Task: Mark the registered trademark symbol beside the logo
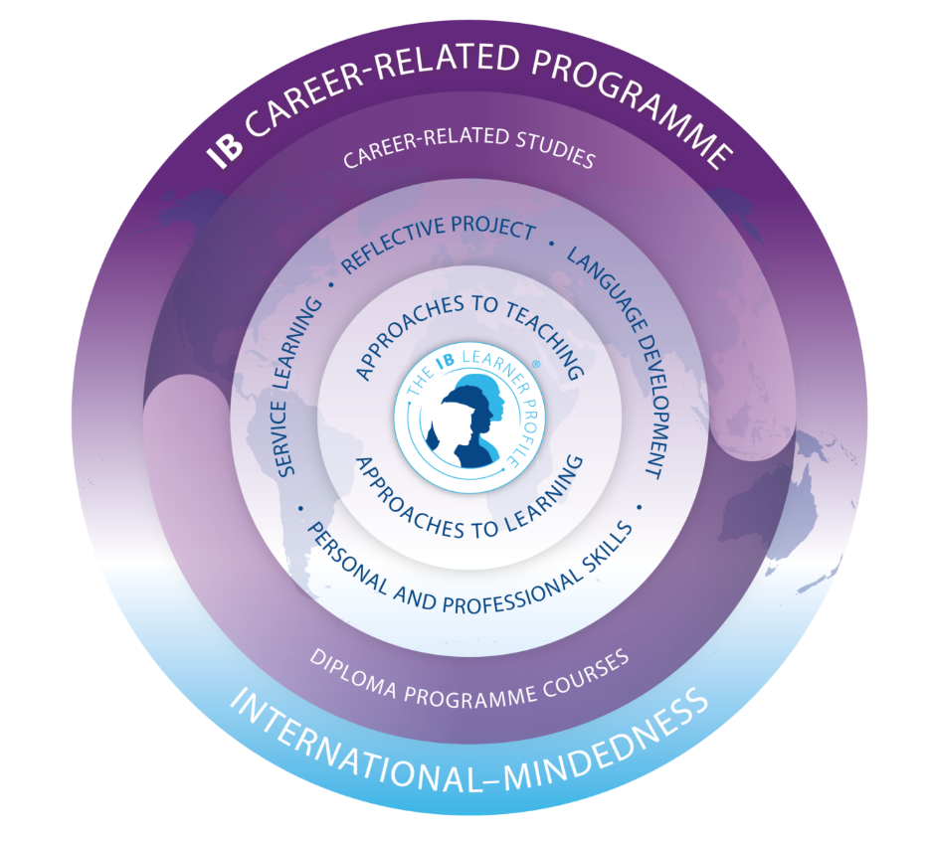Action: [536, 366]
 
